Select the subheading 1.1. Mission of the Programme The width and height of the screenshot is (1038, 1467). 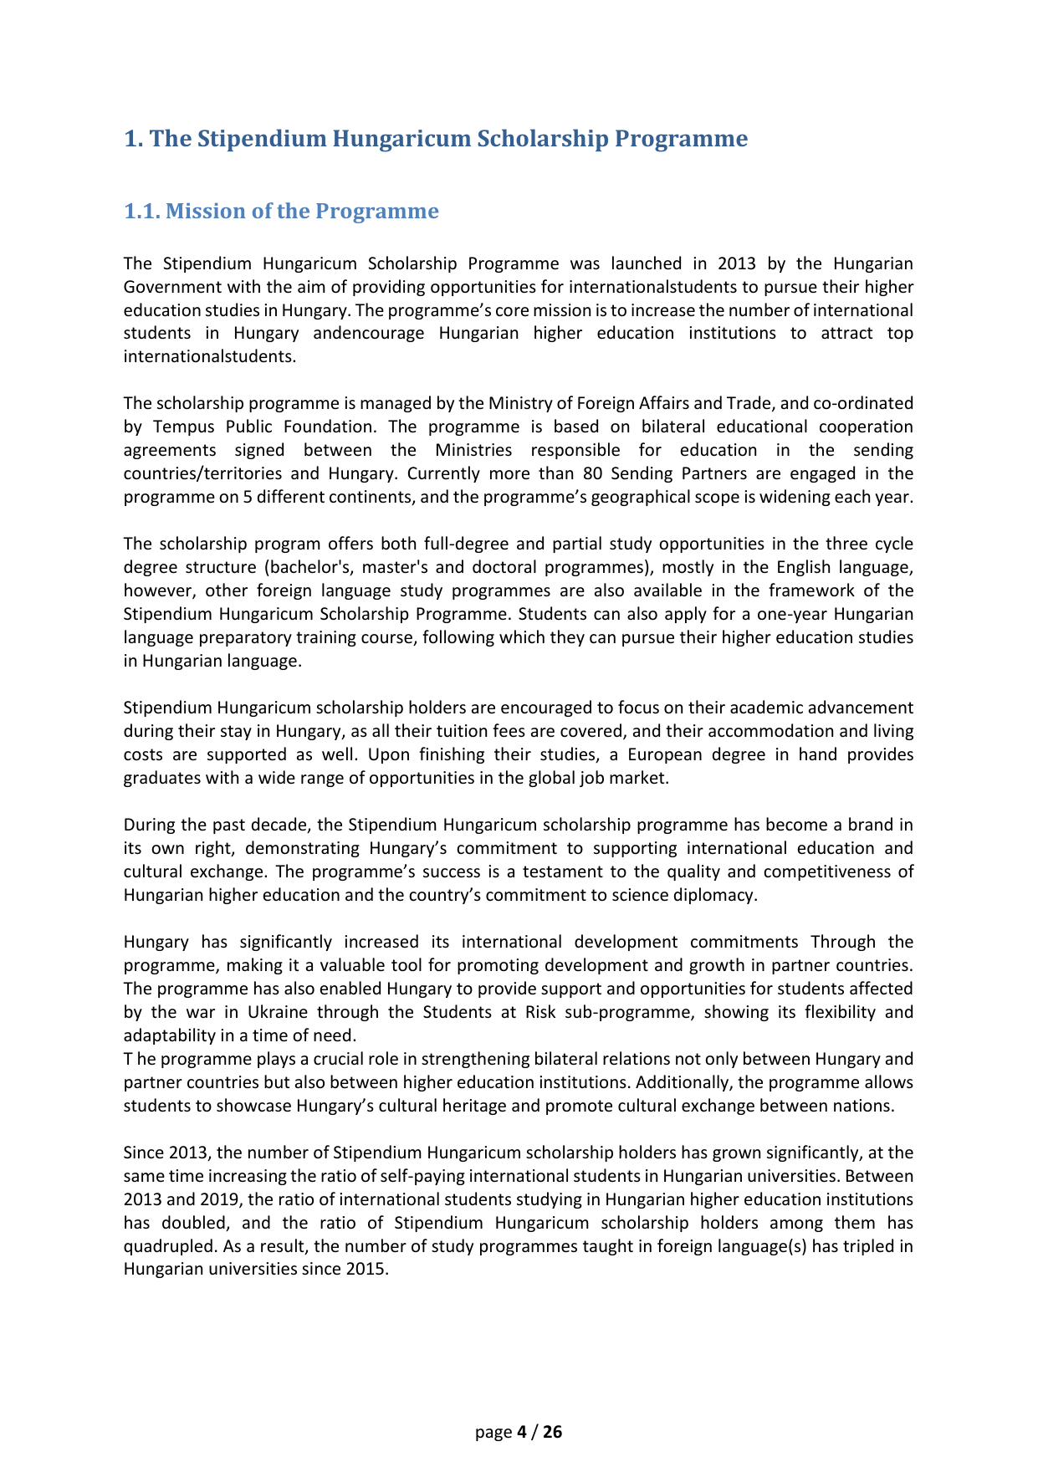click(281, 211)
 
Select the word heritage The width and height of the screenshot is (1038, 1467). click(473, 1106)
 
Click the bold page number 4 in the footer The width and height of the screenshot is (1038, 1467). click(522, 1433)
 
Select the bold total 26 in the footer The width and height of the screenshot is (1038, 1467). click(553, 1433)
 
